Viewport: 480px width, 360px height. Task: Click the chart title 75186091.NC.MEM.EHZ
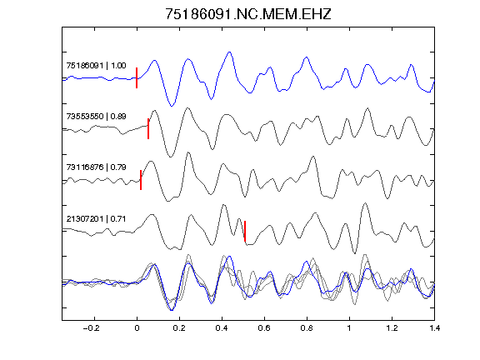(248, 14)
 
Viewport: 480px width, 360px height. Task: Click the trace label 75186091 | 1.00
(96, 66)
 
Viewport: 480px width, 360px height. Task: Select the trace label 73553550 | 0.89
(96, 117)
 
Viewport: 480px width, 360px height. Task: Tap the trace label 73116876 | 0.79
(96, 167)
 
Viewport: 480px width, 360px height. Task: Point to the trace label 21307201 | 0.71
(96, 219)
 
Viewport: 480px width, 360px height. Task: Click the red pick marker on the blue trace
(137, 77)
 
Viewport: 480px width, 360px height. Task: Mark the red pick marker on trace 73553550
(148, 129)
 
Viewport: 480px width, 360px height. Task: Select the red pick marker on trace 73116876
(141, 180)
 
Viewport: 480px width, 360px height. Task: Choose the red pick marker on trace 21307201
(245, 231)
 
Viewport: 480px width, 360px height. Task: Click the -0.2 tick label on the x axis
(92, 328)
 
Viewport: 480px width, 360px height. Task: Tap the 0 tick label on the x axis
(137, 328)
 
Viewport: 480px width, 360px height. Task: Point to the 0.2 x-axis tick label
(179, 328)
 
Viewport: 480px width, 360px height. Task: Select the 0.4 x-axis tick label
(222, 328)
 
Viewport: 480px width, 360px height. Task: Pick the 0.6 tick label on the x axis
(264, 328)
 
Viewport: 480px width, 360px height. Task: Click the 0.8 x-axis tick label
(307, 328)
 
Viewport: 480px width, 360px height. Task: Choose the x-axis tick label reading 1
(349, 328)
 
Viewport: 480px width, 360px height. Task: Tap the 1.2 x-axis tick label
(392, 328)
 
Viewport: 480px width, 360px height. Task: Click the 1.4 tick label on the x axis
(434, 328)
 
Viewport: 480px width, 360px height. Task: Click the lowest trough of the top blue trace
(172, 106)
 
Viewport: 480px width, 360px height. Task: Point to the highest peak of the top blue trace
(229, 52)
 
